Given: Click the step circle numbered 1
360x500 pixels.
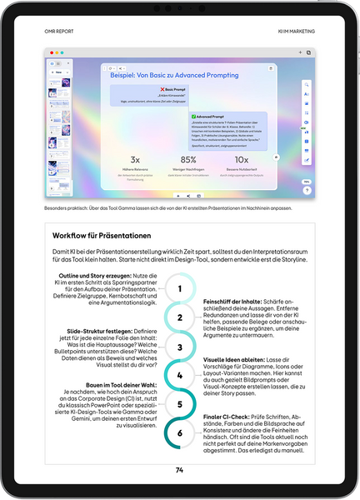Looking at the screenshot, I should pos(179,288).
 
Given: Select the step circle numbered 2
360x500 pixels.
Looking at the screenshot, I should pos(179,317).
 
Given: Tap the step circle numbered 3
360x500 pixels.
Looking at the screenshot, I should pos(179,347).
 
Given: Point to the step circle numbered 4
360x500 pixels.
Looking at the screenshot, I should pos(179,376).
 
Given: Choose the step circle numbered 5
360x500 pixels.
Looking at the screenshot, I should pos(179,405).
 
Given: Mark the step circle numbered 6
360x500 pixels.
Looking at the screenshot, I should pos(179,433).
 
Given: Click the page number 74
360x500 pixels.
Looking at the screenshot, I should pos(179,470).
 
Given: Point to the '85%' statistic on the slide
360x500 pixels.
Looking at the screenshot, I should pos(187,159).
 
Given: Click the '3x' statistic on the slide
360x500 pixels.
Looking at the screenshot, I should pos(135,159).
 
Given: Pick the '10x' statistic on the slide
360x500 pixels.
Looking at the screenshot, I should pos(242,159).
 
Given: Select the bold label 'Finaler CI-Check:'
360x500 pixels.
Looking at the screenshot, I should pos(226,416).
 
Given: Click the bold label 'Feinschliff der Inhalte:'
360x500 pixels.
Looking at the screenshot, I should pos(230,301).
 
